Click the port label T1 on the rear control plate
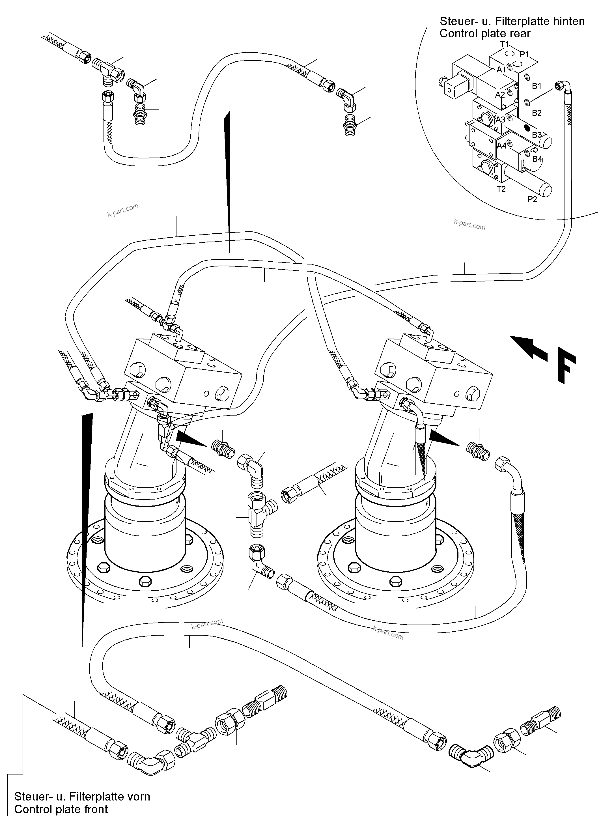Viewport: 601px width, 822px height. click(x=504, y=44)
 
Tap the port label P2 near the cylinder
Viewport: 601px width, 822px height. click(x=532, y=199)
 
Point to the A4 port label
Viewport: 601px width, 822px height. click(x=502, y=146)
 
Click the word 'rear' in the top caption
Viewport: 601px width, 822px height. click(x=521, y=33)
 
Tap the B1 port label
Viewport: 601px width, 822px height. click(x=537, y=86)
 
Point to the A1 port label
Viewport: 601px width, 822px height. click(x=501, y=69)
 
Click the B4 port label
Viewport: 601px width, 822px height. click(x=537, y=159)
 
